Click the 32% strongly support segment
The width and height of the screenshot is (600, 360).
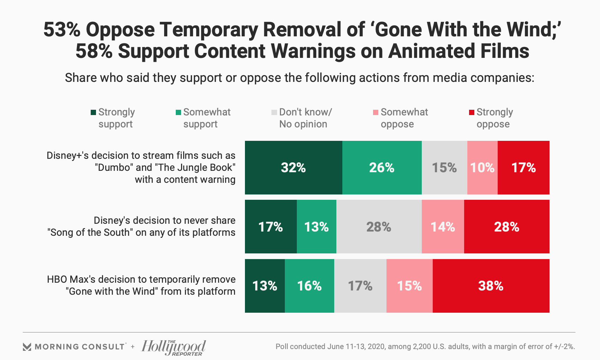(293, 168)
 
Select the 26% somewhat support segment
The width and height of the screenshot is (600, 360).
(382, 168)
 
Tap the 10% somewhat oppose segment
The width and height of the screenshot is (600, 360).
(482, 168)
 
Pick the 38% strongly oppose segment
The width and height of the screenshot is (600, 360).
(491, 286)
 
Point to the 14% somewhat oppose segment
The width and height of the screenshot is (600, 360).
(443, 227)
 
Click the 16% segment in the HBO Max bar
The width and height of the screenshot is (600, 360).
(309, 286)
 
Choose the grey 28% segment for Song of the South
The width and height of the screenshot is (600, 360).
(379, 227)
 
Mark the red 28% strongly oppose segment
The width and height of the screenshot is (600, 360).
(506, 227)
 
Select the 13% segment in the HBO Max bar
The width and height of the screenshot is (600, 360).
(265, 286)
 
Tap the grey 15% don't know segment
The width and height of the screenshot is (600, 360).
(444, 168)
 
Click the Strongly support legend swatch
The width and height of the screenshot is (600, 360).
(94, 113)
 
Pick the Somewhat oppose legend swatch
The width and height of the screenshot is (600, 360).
(376, 113)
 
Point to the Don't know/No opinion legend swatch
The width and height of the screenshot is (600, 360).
(274, 113)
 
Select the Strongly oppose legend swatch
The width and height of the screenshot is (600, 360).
(472, 113)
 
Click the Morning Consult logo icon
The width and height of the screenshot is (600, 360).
(27, 347)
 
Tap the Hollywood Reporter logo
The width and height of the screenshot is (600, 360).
(174, 347)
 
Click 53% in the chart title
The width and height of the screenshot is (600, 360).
(62, 29)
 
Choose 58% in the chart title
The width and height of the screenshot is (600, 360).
(94, 51)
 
